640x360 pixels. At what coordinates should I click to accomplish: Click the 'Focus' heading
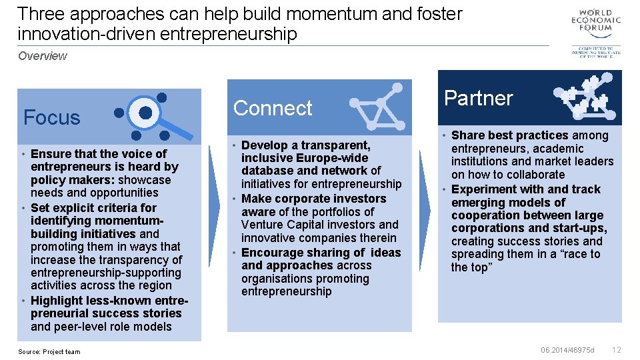pyautogui.click(x=51, y=118)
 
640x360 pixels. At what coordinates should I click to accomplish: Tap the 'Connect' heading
pyautogui.click(x=273, y=108)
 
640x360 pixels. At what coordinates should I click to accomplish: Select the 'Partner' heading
pyautogui.click(x=479, y=98)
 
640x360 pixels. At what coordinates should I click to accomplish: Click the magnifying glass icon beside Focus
pyautogui.click(x=148, y=117)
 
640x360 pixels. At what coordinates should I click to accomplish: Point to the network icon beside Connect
pyautogui.click(x=377, y=107)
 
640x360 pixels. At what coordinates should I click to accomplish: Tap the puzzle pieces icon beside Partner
pyautogui.click(x=584, y=97)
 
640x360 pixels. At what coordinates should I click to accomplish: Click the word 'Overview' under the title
pyautogui.click(x=43, y=56)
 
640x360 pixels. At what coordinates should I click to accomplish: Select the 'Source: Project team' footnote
pyautogui.click(x=49, y=352)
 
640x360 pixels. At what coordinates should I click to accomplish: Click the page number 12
pyautogui.click(x=617, y=350)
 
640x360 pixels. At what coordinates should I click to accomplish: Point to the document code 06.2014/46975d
pyautogui.click(x=567, y=350)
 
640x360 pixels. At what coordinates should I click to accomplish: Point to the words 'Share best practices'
pyautogui.click(x=510, y=135)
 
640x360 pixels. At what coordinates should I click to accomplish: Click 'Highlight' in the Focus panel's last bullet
pyautogui.click(x=58, y=301)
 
